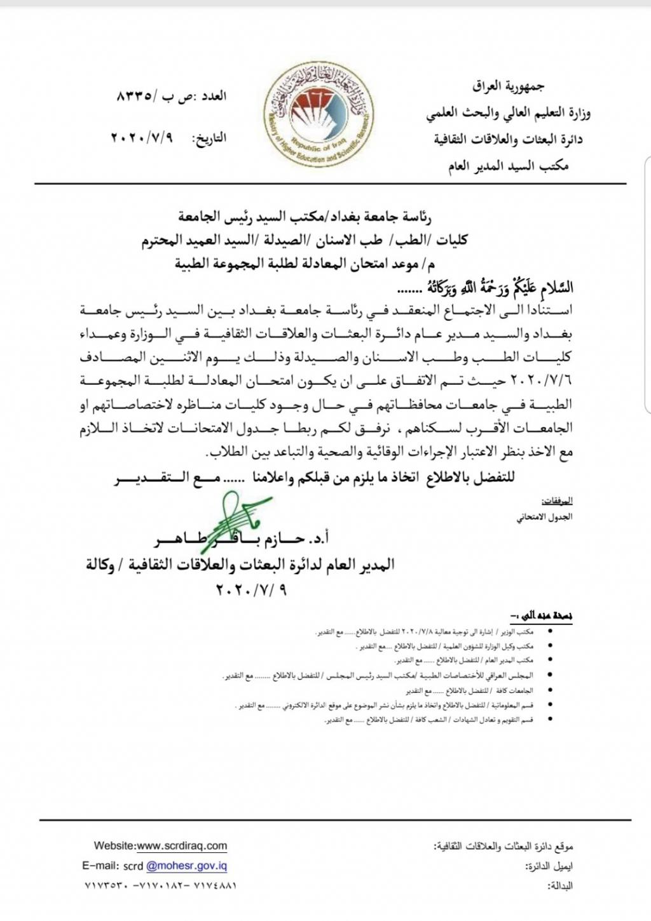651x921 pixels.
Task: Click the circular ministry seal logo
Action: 320,116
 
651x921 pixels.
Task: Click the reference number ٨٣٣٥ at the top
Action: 135,97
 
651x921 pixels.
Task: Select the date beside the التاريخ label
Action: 142,138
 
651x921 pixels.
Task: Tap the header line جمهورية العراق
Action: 508,86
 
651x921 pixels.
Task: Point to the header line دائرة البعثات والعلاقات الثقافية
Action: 508,139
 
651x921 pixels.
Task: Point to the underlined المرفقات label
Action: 558,501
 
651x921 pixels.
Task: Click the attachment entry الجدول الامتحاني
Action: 544,517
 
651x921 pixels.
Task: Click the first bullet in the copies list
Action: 549,633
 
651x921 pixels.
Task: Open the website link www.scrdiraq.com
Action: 182,846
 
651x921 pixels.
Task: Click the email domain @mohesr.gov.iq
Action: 186,866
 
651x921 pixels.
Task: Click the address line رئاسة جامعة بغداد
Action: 305,217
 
